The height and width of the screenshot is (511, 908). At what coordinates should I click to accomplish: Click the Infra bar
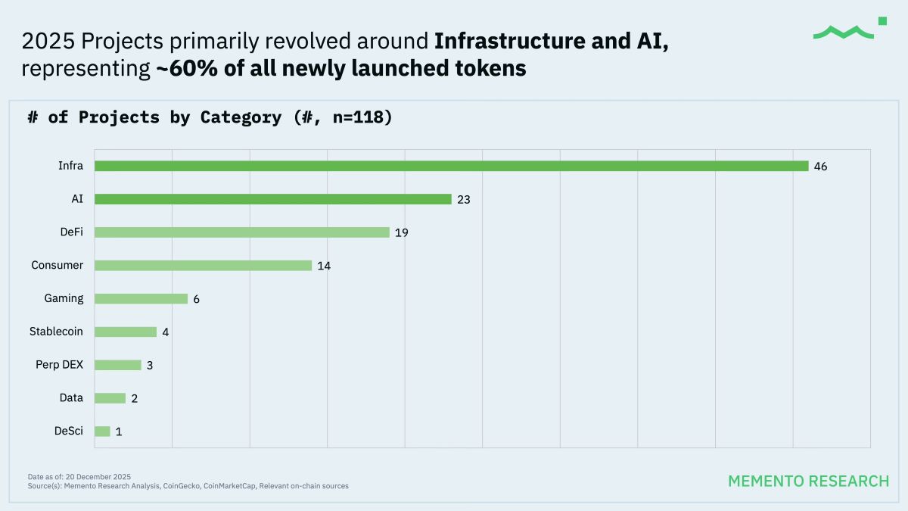(451, 166)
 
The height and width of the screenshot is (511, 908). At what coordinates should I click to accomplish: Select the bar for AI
(272, 199)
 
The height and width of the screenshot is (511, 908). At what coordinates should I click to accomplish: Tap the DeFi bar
(241, 232)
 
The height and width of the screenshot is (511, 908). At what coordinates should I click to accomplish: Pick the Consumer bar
(203, 266)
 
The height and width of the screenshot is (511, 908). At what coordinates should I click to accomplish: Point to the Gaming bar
(141, 299)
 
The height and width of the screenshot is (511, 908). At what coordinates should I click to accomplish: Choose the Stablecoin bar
(126, 332)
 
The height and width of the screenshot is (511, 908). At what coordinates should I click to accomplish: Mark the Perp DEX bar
(117, 365)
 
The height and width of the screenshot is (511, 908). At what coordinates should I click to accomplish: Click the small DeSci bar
(102, 432)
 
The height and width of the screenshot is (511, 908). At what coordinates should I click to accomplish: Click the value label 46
(820, 167)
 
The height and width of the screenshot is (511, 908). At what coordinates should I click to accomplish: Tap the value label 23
(463, 200)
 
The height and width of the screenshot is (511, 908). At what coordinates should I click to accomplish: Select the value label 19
(401, 233)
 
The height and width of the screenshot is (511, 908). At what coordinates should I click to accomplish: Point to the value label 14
(324, 266)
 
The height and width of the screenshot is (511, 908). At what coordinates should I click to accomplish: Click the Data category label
(71, 398)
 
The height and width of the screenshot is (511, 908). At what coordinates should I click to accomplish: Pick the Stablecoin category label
(56, 332)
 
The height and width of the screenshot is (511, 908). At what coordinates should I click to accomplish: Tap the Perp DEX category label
(59, 365)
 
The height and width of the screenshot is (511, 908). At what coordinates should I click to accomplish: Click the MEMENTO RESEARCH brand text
(808, 481)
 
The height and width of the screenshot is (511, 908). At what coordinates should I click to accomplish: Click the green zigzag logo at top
(844, 32)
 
